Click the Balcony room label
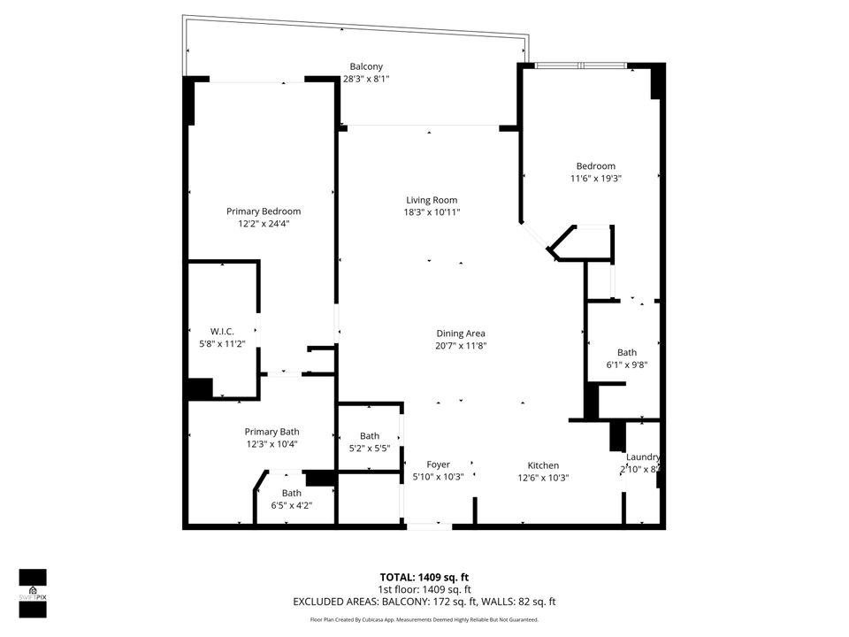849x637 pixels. click(366, 66)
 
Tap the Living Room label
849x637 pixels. click(432, 200)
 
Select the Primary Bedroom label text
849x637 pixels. click(264, 211)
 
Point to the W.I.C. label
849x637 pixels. click(221, 331)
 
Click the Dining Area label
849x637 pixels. click(461, 334)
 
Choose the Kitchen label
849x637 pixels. click(543, 465)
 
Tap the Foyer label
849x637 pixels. click(438, 464)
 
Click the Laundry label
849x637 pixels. click(643, 457)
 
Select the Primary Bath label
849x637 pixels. click(272, 432)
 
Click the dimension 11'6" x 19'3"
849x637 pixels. click(596, 178)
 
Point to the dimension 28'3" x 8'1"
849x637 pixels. click(366, 79)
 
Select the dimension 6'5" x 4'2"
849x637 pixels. click(291, 505)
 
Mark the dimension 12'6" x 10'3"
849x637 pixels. click(543, 478)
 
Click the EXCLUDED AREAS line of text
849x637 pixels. click(424, 602)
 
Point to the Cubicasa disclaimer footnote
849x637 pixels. click(424, 619)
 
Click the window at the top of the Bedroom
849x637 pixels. click(581, 65)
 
